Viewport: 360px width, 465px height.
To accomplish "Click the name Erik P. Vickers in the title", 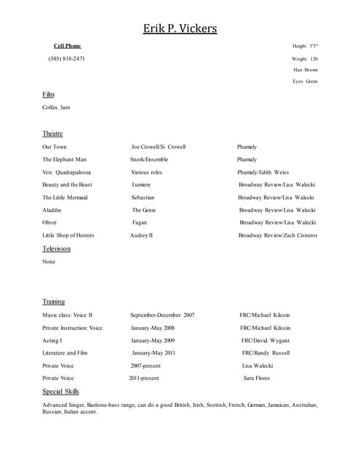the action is pos(180,28).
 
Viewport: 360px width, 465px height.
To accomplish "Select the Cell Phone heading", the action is pos(68,46).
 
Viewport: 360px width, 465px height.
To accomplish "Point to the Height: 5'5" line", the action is pos(305,46).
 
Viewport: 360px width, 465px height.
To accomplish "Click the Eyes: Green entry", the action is pos(305,81).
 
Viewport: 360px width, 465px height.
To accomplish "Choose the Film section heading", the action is pos(48,94).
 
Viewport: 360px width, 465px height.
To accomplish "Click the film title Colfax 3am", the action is pos(56,108).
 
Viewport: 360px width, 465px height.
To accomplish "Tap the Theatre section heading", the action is pos(52,134).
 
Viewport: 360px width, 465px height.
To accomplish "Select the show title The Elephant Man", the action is pos(64,159).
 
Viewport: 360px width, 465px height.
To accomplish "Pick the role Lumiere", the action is pos(142,185).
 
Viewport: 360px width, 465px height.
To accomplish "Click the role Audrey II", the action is pos(142,235).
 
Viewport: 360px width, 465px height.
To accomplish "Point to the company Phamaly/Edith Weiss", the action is pos(263,172).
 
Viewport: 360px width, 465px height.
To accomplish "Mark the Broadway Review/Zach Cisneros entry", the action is pos(278,235).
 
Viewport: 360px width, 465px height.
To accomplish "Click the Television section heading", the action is pos(56,248).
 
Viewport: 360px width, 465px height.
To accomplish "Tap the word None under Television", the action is pos(49,262).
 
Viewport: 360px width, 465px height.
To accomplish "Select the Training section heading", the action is pos(53,302).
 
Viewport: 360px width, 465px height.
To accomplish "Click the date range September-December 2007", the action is pos(162,315).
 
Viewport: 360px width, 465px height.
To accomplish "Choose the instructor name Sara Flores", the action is pos(257,379).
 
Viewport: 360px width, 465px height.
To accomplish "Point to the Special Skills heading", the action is pos(60,392).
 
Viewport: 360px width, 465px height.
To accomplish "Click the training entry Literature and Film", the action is pos(65,353).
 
